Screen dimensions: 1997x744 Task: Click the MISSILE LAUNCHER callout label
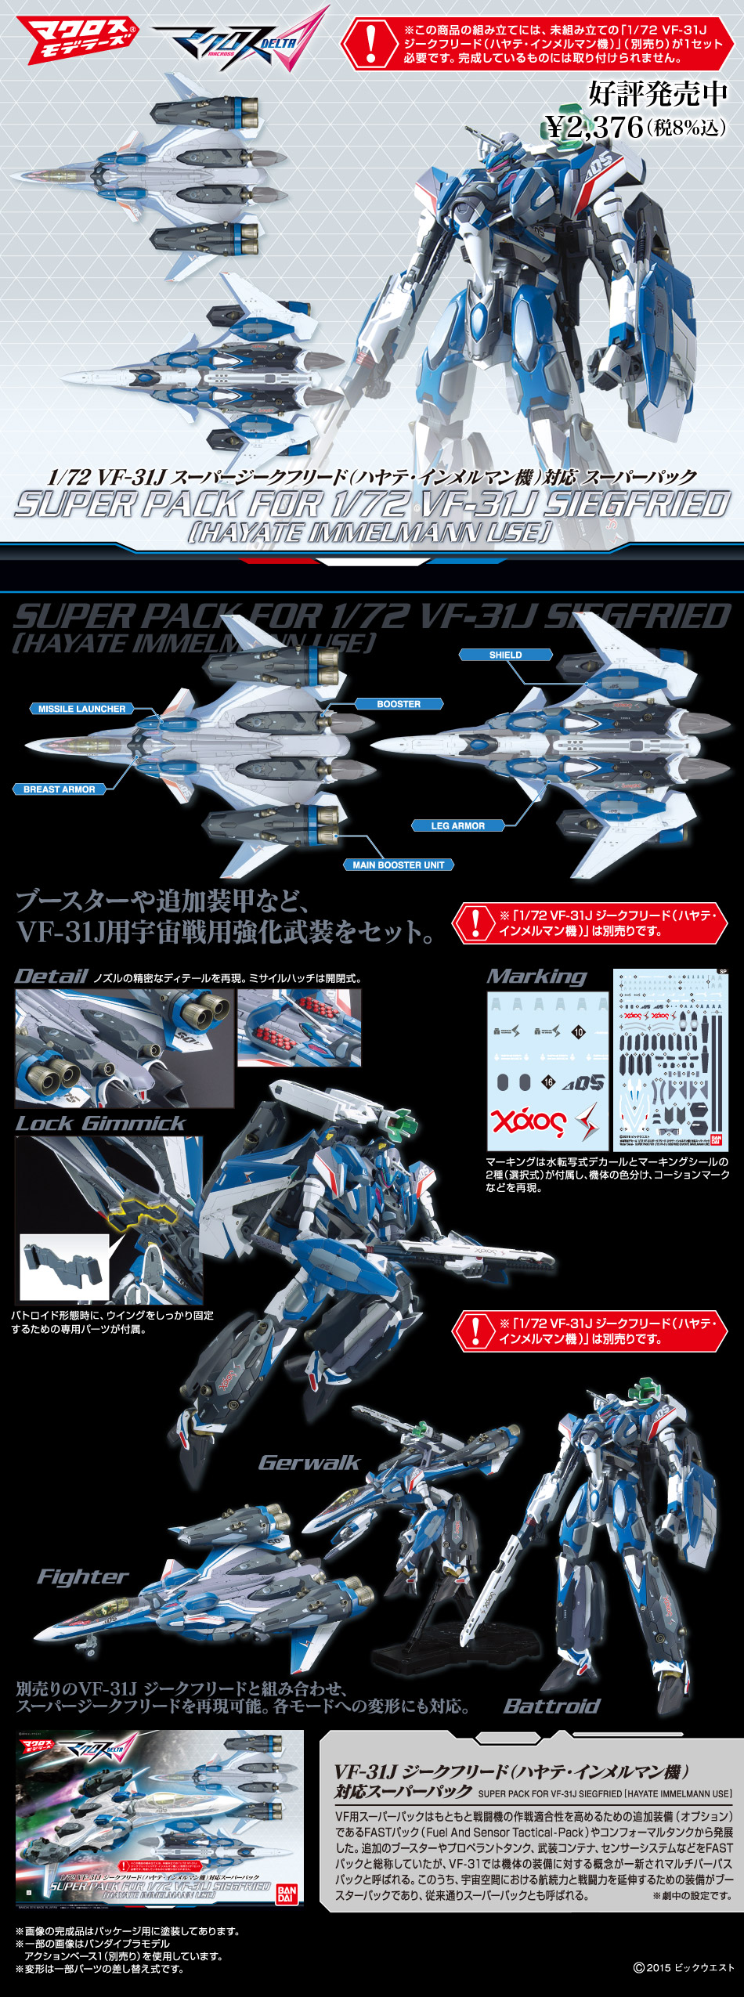[81, 709]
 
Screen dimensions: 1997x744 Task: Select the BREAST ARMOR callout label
[59, 789]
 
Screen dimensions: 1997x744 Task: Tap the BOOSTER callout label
[399, 704]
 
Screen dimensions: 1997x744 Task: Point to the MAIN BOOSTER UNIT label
[398, 865]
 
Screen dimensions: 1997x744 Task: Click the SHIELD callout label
[505, 655]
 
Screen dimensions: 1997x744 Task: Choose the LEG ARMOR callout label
[457, 825]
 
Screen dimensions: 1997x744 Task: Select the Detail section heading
[51, 977]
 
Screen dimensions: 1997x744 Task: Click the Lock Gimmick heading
[99, 1124]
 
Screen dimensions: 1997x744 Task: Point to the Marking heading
[536, 977]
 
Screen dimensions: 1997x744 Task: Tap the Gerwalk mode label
[309, 1463]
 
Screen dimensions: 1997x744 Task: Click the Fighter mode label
[82, 1576]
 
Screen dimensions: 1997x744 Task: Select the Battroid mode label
[551, 1706]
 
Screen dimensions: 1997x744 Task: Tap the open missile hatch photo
[299, 1027]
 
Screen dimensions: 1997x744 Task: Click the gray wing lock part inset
[64, 1266]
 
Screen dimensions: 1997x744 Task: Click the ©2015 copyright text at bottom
[684, 1967]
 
